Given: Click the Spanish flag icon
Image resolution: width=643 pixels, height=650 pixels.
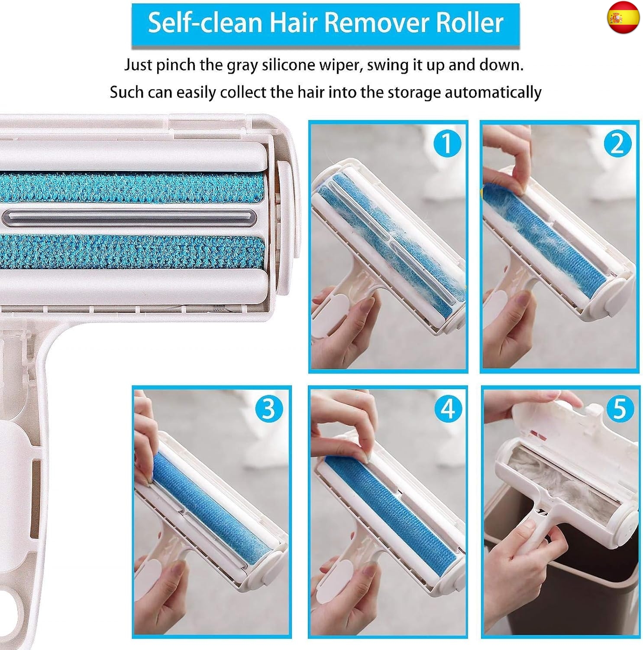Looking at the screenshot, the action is coord(623,18).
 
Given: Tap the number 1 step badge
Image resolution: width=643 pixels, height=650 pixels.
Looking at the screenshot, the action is coord(446,143).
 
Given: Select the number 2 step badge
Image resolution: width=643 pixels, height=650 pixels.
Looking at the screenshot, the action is coord(617,143).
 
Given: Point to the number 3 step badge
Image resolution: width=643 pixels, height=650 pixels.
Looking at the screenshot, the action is coord(268,408).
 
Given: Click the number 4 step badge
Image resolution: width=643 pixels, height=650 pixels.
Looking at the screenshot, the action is coord(447,408).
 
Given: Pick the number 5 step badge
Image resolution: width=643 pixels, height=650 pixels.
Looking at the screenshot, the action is coord(620,408).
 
